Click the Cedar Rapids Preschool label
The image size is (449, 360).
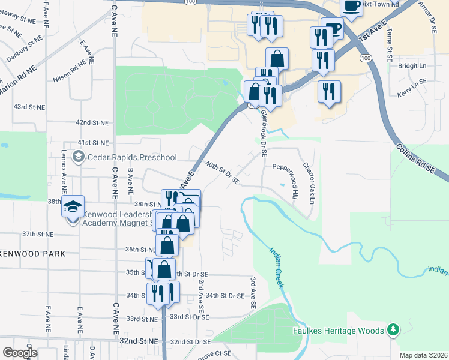pyautogui.click(x=133, y=157)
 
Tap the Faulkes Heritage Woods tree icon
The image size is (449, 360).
pyautogui.click(x=393, y=329)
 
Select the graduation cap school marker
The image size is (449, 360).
pyautogui.click(x=73, y=206)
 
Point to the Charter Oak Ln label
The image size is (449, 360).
pyautogui.click(x=308, y=182)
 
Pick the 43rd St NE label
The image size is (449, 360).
pyautogui.click(x=30, y=107)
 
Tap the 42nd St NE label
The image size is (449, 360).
pyautogui.click(x=92, y=122)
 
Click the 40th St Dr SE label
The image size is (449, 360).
pyautogui.click(x=222, y=172)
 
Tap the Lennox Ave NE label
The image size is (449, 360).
pyautogui.click(x=63, y=180)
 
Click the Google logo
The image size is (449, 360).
pyautogui.click(x=20, y=352)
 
